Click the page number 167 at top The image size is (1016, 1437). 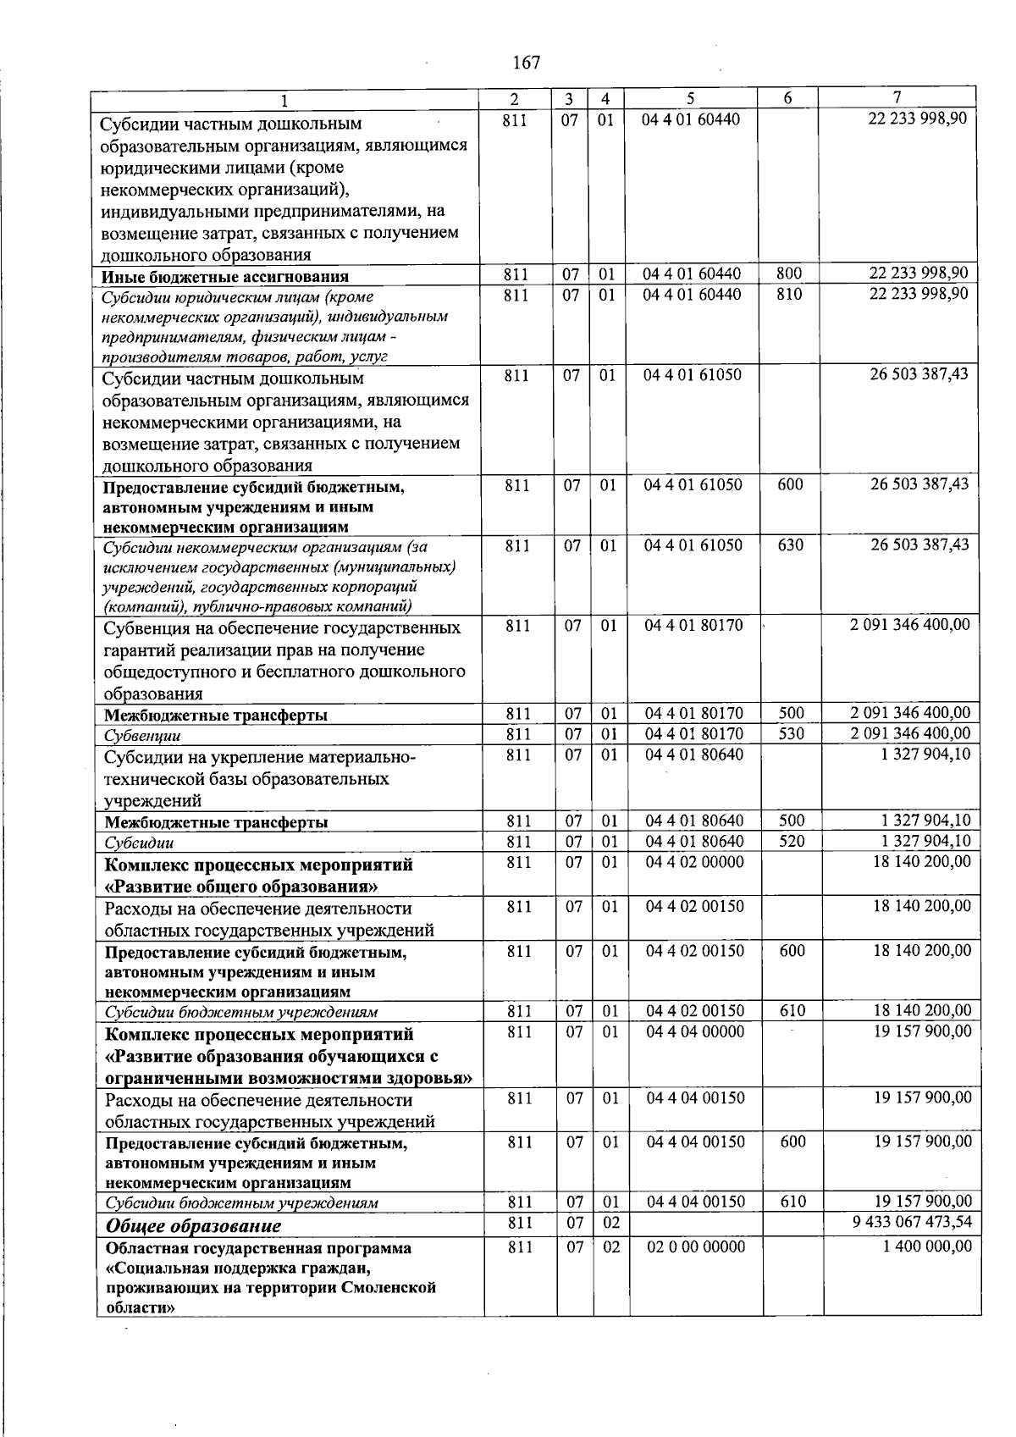tap(526, 63)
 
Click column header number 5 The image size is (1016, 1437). tap(691, 98)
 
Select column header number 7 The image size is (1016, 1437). tap(897, 97)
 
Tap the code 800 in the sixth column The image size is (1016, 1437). tap(788, 274)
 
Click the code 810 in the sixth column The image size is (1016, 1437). tap(788, 294)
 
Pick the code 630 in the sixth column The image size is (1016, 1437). tap(790, 544)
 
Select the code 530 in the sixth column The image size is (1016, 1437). tap(791, 733)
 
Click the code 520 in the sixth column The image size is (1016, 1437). tap(791, 841)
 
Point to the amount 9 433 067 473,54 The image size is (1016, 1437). tap(910, 1222)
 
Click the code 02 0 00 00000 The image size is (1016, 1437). tap(695, 1246)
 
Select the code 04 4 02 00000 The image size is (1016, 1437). tap(695, 862)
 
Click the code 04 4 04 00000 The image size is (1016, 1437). tap(695, 1031)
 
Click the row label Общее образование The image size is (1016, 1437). tap(193, 1225)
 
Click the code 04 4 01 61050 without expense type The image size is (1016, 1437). tap(693, 374)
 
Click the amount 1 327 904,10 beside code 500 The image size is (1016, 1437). tap(925, 820)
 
